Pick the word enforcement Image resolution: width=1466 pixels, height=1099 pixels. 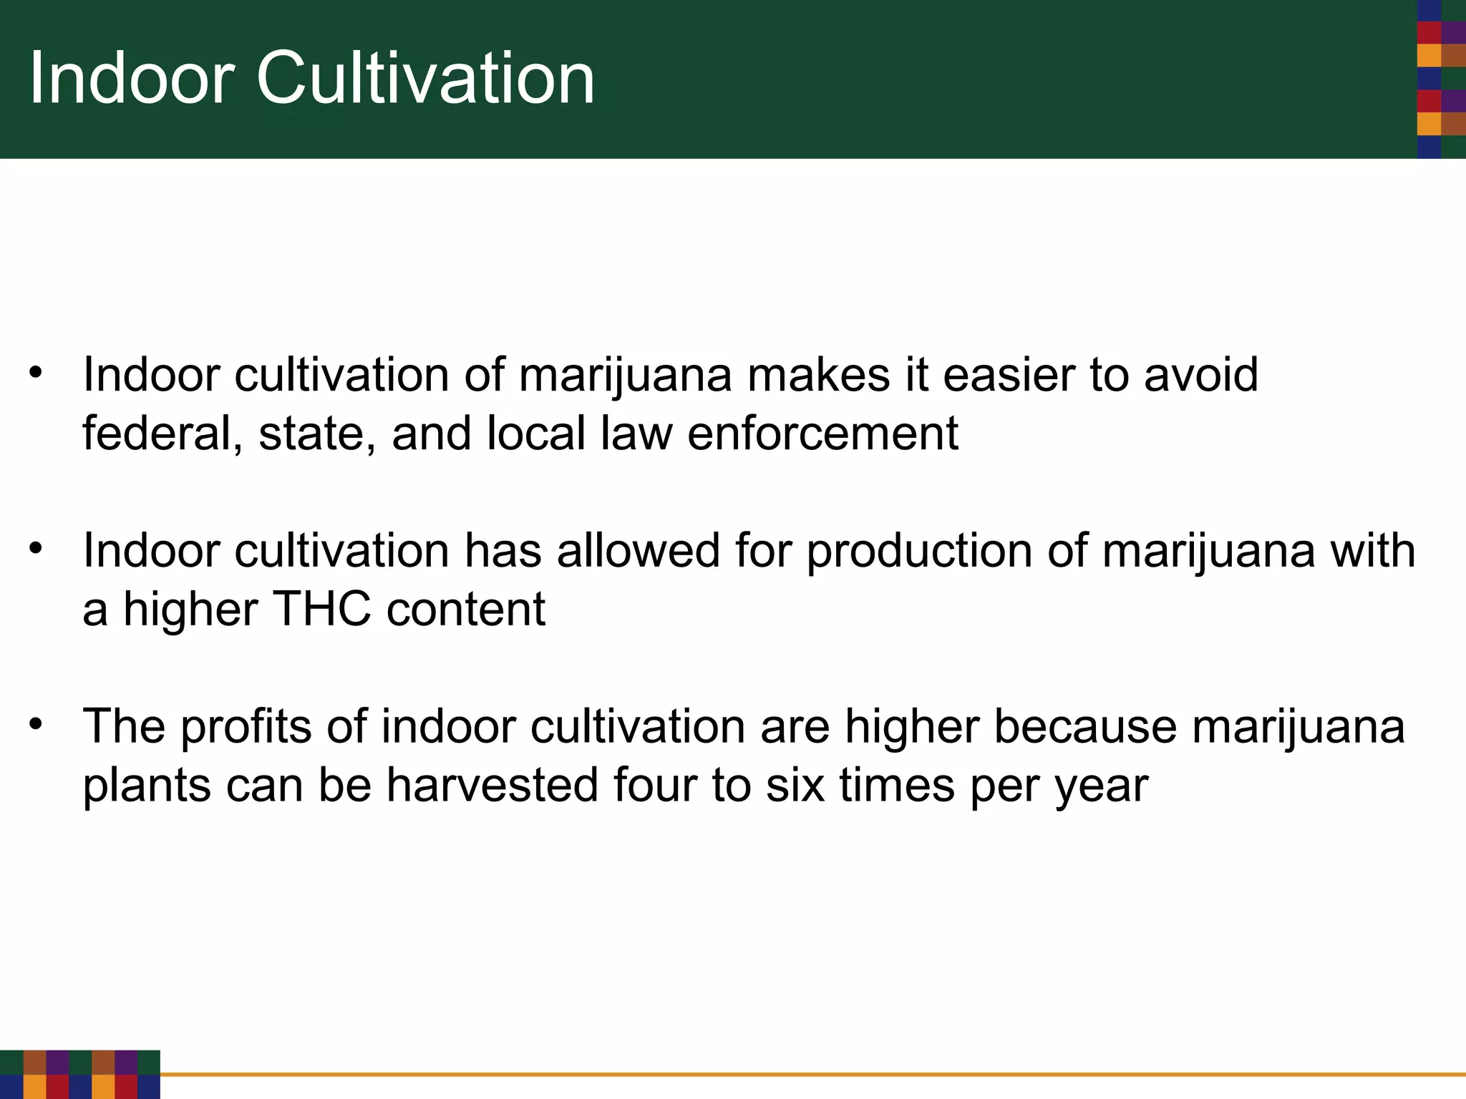[x=822, y=434]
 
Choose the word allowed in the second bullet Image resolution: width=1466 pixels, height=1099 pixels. [x=638, y=551]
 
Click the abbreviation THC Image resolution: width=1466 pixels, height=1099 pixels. [x=322, y=610]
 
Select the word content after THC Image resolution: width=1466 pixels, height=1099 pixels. [x=466, y=610]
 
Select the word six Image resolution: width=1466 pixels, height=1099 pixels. [x=795, y=786]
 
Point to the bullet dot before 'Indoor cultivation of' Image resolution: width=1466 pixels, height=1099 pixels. [x=37, y=373]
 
